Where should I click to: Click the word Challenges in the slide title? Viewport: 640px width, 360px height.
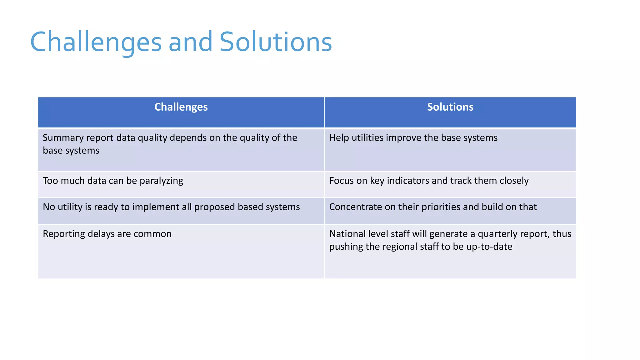96,42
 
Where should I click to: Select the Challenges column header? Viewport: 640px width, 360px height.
181,107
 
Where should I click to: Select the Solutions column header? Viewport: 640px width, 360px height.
450,107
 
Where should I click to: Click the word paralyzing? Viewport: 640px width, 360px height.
161,181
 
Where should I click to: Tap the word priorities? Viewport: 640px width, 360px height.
441,207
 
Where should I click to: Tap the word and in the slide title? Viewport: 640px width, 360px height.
190,42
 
